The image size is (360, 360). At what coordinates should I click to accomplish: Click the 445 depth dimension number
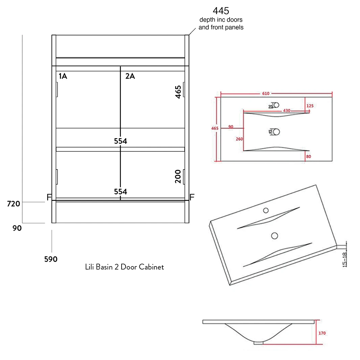(x=221, y=11)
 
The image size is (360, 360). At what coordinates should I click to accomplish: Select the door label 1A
(x=63, y=76)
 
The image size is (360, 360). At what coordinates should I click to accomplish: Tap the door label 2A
(x=130, y=76)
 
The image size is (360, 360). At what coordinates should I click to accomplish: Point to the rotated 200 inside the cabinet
(x=178, y=176)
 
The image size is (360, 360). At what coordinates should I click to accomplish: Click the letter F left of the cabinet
(x=49, y=197)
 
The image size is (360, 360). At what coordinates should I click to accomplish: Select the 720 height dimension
(x=14, y=204)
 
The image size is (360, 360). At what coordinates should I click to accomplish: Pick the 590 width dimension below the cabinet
(x=51, y=259)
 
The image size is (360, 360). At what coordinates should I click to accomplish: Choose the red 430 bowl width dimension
(x=286, y=111)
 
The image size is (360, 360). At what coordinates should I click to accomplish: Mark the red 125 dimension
(x=310, y=106)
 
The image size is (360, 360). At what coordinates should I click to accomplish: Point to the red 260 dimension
(x=239, y=139)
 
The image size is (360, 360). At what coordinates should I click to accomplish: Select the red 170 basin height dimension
(x=322, y=333)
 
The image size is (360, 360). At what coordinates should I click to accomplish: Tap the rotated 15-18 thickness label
(x=345, y=259)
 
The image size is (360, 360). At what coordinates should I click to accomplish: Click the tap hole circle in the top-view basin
(x=276, y=105)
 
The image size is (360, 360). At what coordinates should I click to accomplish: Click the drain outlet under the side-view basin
(x=259, y=343)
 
